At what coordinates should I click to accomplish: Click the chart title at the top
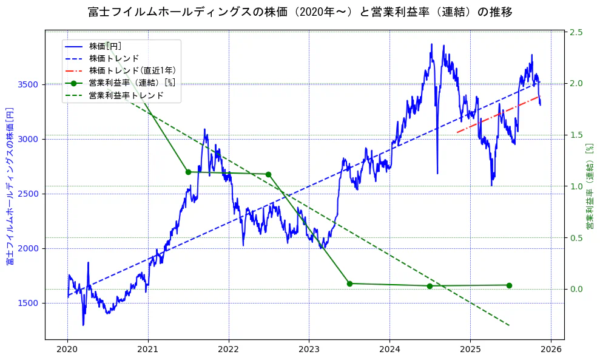pyautogui.click(x=300, y=12)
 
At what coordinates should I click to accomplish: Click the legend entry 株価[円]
pyautogui.click(x=105, y=46)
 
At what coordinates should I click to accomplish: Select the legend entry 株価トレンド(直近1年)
pyautogui.click(x=123, y=70)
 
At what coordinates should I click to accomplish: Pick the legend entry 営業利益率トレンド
pyautogui.click(x=126, y=95)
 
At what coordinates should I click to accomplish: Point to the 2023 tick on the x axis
pyautogui.click(x=309, y=350)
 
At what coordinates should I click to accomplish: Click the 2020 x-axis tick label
pyautogui.click(x=67, y=350)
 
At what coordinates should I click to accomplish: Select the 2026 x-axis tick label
pyautogui.click(x=550, y=350)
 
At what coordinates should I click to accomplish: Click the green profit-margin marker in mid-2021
pyautogui.click(x=188, y=172)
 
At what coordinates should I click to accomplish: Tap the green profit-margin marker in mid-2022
pyautogui.click(x=268, y=174)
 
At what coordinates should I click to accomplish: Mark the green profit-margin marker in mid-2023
pyautogui.click(x=349, y=284)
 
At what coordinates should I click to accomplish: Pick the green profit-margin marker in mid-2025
pyautogui.click(x=509, y=285)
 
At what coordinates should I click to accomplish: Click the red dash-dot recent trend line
pyautogui.click(x=497, y=114)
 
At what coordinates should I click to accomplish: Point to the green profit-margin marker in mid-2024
pyautogui.click(x=430, y=286)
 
